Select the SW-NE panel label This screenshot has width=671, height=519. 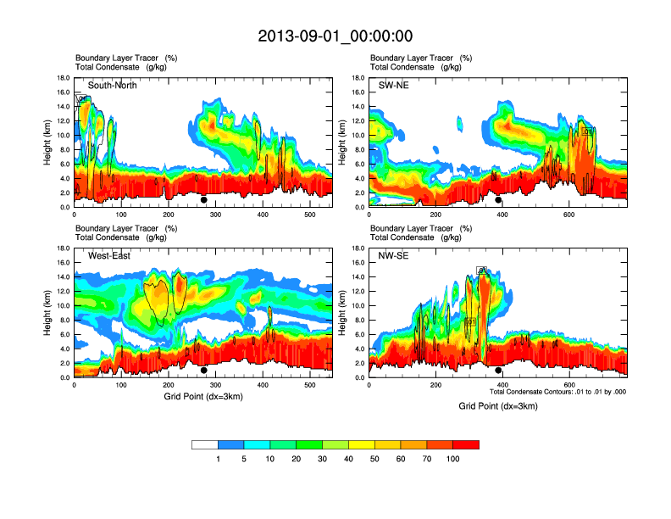pyautogui.click(x=393, y=86)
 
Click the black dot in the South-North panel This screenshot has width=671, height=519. pyautogui.click(x=203, y=200)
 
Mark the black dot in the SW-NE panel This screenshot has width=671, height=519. pyautogui.click(x=498, y=200)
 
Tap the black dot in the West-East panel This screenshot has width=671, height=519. pyautogui.click(x=203, y=370)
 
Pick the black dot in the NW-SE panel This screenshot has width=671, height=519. pyautogui.click(x=498, y=370)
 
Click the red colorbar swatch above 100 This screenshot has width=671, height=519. pyautogui.click(x=466, y=444)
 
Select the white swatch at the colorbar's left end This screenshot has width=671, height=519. pyautogui.click(x=204, y=444)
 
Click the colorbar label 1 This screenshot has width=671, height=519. pyautogui.click(x=218, y=459)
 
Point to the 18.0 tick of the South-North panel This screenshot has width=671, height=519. pyautogui.click(x=63, y=78)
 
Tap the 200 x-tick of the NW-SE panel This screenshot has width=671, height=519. pyautogui.click(x=435, y=385)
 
